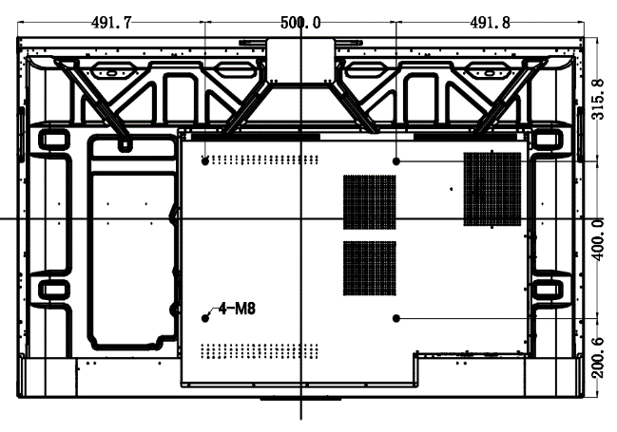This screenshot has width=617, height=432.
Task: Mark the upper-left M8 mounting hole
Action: (206, 161)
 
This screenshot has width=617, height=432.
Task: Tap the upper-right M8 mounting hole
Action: (396, 161)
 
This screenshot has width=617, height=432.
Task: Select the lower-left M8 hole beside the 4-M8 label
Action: (206, 317)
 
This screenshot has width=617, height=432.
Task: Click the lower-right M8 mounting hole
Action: (396, 317)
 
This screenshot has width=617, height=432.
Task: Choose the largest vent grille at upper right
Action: (492, 188)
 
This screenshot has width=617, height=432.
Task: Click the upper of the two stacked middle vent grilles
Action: (369, 202)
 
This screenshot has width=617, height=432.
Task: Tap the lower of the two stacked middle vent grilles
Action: (369, 267)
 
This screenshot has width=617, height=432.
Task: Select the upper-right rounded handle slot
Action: (549, 140)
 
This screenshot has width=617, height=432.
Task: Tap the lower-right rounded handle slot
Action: (549, 289)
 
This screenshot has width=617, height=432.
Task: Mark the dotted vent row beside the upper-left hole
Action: (252, 160)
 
